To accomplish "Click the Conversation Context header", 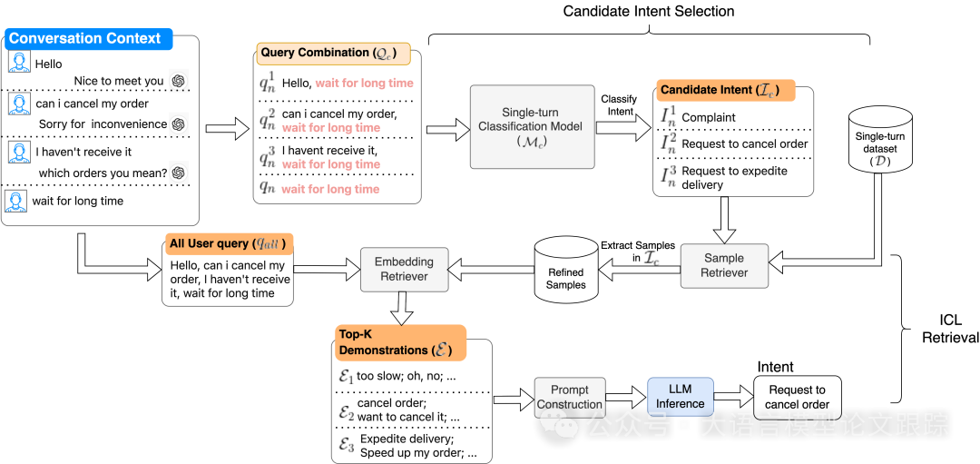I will [x=84, y=39].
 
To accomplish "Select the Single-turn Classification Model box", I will [x=531, y=126].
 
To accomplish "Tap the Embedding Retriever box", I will [x=404, y=269].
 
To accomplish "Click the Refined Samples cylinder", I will [x=565, y=270].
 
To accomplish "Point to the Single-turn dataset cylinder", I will [x=879, y=143].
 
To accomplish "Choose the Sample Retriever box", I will [x=724, y=265].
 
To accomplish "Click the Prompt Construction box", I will [x=569, y=398].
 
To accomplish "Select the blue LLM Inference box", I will [x=681, y=397].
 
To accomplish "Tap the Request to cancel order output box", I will [x=797, y=397].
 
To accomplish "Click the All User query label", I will [x=229, y=243].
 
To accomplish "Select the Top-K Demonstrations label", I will [x=399, y=342].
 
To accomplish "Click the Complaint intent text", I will [x=709, y=117].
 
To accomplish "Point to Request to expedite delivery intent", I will [x=734, y=178].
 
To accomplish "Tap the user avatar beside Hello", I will [x=19, y=62].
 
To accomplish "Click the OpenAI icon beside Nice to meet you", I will [x=179, y=81].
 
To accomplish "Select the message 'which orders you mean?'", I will [x=103, y=173].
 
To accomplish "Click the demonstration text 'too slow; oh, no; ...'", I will [x=406, y=376].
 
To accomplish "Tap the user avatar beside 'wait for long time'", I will [x=15, y=201].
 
